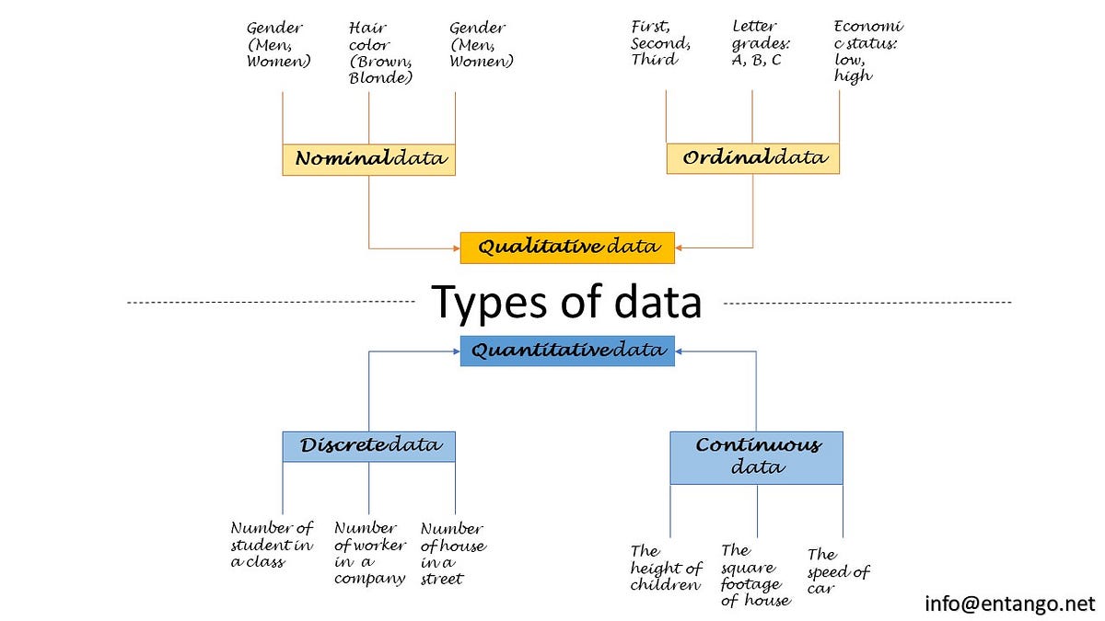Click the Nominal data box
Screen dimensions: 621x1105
[x=368, y=159]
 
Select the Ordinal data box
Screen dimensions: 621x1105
[x=752, y=158]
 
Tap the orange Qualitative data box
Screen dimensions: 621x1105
[x=567, y=247]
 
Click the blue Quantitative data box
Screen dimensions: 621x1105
[x=567, y=351]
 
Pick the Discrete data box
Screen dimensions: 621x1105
[x=368, y=446]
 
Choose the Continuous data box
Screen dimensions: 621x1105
[x=756, y=457]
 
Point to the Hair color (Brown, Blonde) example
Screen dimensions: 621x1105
[x=379, y=52]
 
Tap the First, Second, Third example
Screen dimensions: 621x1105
[x=660, y=43]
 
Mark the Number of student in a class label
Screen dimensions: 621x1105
[x=272, y=545]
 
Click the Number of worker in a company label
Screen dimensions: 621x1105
[x=370, y=553]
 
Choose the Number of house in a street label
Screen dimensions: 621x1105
[x=452, y=554]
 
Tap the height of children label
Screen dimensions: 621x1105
[x=666, y=568]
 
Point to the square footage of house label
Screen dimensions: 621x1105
[x=755, y=575]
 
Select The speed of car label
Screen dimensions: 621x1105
[x=838, y=571]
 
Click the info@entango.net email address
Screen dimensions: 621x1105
[x=1009, y=604]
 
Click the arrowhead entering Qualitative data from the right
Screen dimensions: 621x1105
[x=680, y=247]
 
